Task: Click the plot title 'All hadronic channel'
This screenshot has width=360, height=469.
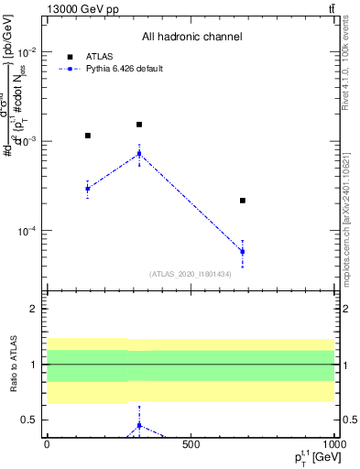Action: (x=191, y=38)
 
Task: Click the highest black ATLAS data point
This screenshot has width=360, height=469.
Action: (x=139, y=125)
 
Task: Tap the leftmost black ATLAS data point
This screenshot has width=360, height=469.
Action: (x=88, y=136)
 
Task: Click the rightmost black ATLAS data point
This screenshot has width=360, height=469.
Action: (x=243, y=200)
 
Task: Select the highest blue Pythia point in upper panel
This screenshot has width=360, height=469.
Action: (x=139, y=153)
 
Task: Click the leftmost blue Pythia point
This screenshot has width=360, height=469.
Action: (x=88, y=189)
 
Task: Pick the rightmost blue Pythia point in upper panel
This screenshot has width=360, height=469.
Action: (x=243, y=251)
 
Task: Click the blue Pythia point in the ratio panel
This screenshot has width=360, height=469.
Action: (x=139, y=426)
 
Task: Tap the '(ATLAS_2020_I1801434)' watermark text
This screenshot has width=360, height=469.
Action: (x=191, y=274)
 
